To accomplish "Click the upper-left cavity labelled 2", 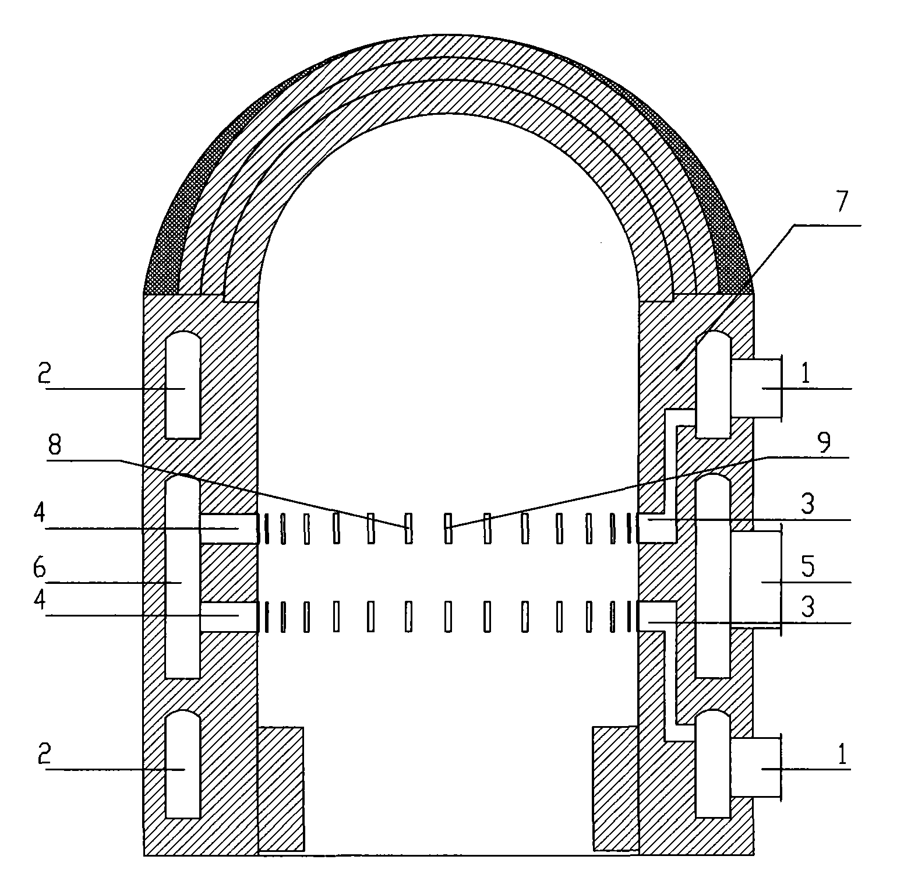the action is pyautogui.click(x=183, y=385).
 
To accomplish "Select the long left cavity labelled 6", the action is pyautogui.click(x=183, y=577).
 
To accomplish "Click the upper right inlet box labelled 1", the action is pyautogui.click(x=755, y=388).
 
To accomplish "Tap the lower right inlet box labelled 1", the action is pyautogui.click(x=755, y=767).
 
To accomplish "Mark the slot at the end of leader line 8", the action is pyautogui.click(x=408, y=528).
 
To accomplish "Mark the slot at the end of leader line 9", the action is pyautogui.click(x=448, y=528).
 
